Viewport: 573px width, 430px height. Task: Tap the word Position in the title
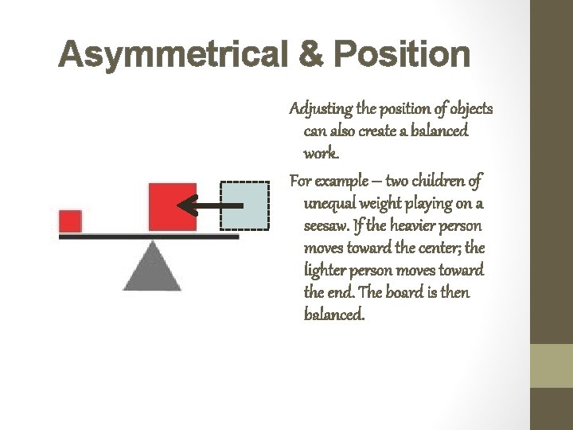pos(402,56)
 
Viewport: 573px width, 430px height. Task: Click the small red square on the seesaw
pos(70,220)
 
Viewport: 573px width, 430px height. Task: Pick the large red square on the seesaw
pos(172,207)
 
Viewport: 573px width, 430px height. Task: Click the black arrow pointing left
pos(209,206)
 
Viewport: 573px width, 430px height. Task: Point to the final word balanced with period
pos(334,315)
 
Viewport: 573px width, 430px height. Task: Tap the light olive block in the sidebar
pos(552,365)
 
